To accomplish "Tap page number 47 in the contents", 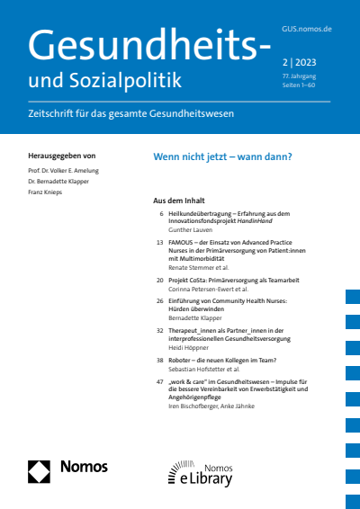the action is [159, 382].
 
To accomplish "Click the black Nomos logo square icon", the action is [39, 469].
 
